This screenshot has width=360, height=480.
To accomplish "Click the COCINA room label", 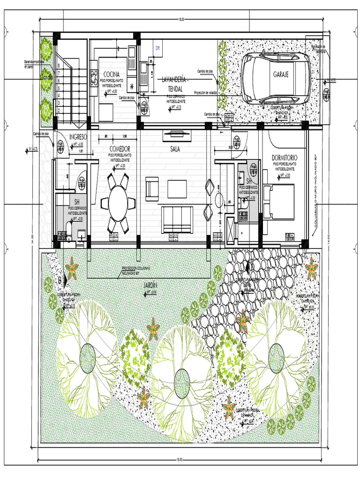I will click(x=111, y=74).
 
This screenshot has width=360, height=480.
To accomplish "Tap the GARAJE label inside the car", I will click(x=281, y=74).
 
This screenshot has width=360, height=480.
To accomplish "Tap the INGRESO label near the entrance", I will click(x=78, y=136).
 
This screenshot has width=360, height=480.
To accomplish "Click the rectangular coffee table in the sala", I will click(x=177, y=188).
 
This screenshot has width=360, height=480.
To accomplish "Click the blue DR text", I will click(x=158, y=48).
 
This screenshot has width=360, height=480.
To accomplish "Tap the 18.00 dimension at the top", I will click(x=181, y=19).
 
